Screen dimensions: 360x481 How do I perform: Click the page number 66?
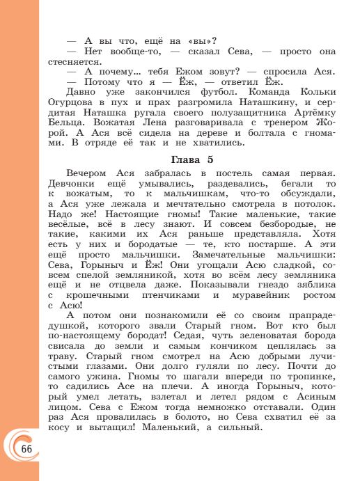click(26, 448)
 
